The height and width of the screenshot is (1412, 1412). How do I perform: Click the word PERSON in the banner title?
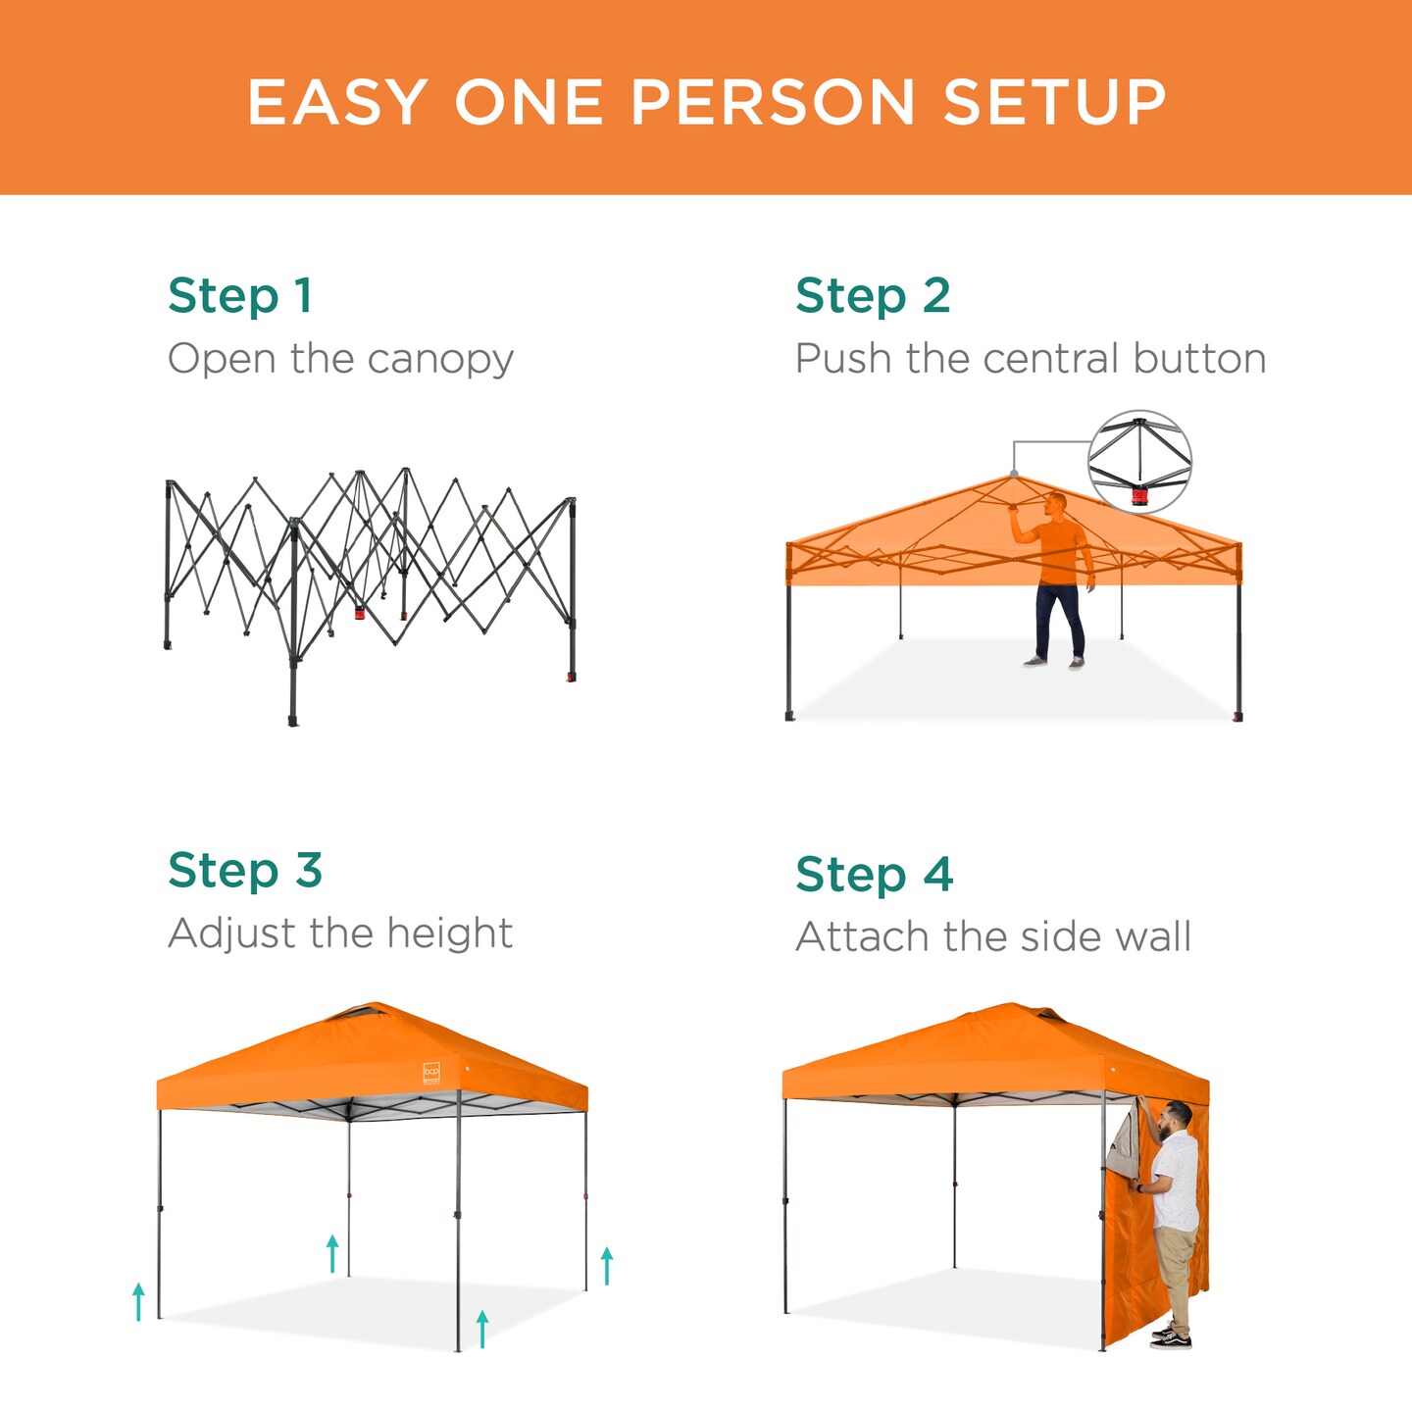[x=773, y=103]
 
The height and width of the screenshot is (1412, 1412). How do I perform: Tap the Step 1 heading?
[x=240, y=296]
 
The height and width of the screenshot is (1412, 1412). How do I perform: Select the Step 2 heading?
[x=873, y=296]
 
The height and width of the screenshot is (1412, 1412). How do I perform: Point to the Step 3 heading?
[x=245, y=871]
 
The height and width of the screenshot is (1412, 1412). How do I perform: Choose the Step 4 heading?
[x=874, y=875]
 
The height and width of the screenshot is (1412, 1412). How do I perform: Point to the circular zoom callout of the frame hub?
[x=1139, y=461]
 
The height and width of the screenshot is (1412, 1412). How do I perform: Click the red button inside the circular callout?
[x=1139, y=496]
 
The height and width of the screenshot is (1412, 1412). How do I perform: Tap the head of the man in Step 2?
[x=1055, y=505]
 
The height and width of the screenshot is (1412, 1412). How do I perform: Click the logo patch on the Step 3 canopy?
[x=431, y=1073]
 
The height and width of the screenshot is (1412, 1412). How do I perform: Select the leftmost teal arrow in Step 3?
[x=138, y=1301]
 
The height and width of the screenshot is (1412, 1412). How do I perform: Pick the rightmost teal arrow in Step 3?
[x=607, y=1265]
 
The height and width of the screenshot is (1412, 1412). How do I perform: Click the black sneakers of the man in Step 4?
[x=1172, y=1336]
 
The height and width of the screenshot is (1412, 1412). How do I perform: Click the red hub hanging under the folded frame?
[x=360, y=614]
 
